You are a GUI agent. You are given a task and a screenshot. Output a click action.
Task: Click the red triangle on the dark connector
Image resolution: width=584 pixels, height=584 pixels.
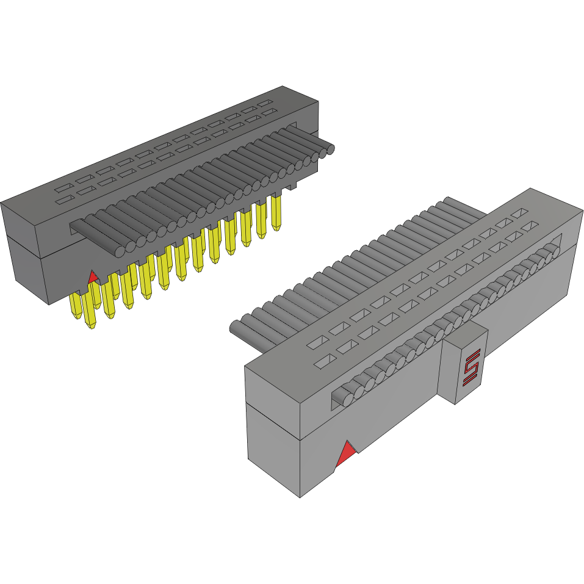coord(93,278)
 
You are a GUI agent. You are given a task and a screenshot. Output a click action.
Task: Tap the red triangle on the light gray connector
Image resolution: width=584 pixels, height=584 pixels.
coord(347,453)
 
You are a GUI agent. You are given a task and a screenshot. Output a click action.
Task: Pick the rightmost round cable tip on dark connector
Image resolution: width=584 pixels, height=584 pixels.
coord(330,149)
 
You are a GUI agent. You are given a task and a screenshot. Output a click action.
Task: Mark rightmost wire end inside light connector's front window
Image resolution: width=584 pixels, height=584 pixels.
coord(552,249)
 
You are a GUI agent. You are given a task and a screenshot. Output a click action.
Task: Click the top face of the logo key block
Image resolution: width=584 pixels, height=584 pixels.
coord(465,333)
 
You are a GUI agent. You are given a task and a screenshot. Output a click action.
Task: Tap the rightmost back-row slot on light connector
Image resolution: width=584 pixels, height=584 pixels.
coord(520,214)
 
